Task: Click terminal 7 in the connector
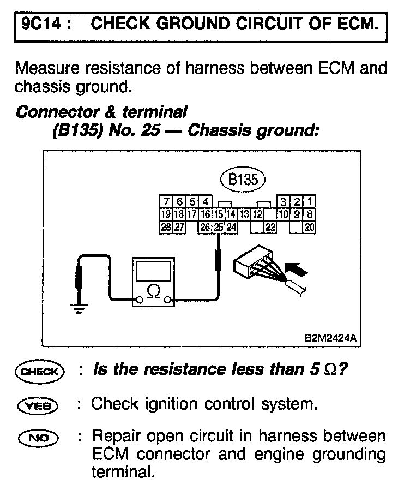click(166, 202)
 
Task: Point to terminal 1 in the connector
click(310, 202)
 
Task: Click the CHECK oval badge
click(40, 372)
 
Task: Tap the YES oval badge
click(40, 405)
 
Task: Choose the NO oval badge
click(40, 438)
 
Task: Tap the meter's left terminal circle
click(140, 300)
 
